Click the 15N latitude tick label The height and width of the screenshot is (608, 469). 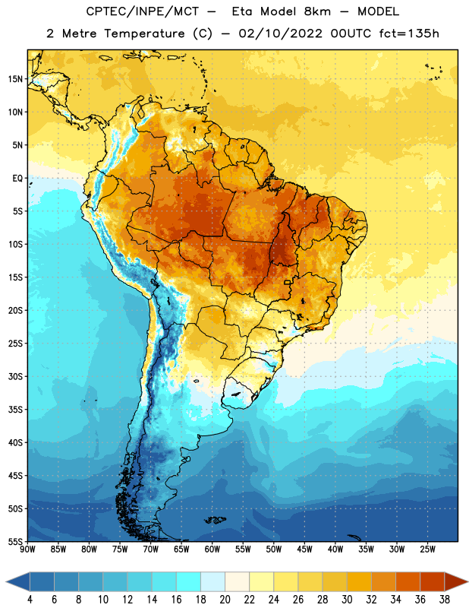coord(15,79)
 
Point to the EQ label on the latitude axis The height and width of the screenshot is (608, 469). coord(17,179)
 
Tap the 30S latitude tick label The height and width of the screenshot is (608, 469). coord(15,376)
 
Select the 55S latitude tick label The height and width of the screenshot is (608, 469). coord(15,542)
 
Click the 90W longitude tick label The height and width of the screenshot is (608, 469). coord(27,549)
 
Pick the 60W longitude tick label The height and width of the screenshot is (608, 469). coord(212,549)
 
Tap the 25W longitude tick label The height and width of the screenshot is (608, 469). coord(428,549)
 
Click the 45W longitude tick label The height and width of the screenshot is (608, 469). coord(305,549)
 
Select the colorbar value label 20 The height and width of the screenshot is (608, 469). coord(225,600)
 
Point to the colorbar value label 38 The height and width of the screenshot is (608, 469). coord(445,600)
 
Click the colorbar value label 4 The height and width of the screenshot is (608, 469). coord(30,600)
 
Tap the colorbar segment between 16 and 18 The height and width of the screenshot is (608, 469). coord(188,581)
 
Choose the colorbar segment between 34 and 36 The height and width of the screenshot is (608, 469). coord(408,581)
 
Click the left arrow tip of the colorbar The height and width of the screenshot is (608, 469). coord(6,581)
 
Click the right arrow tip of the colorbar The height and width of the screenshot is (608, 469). coord(468,581)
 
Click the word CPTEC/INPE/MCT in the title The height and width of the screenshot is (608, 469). coord(143,11)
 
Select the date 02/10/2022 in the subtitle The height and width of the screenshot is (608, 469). coord(280,33)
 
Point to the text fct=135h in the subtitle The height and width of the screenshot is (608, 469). coord(409,33)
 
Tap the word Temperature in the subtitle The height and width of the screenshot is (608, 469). coord(144,34)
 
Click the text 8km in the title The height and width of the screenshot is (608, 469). coord(317,11)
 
